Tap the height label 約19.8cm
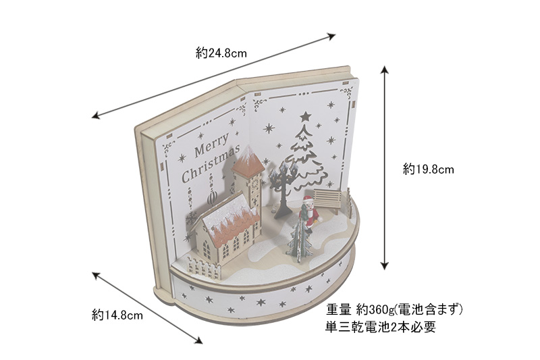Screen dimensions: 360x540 [x=429, y=170]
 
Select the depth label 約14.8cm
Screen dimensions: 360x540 [x=117, y=315]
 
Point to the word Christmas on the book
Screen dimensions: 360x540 [x=210, y=169]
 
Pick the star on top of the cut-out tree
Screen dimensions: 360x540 [x=305, y=116]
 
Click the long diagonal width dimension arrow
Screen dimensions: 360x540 [x=215, y=75]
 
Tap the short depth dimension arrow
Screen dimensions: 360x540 [x=146, y=308]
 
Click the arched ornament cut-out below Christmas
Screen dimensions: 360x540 [x=212, y=196]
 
